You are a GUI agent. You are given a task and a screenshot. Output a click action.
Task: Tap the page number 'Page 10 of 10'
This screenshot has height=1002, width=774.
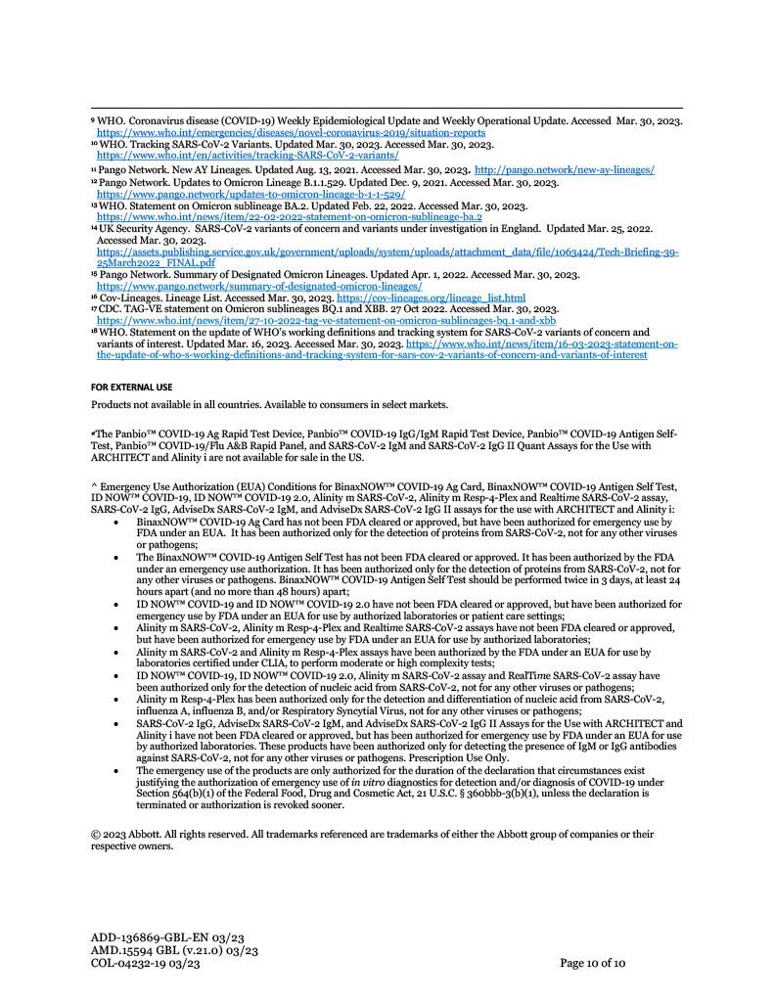pyautogui.click(x=592, y=964)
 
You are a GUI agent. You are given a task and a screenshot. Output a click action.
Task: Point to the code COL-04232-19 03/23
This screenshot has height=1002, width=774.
pyautogui.click(x=146, y=964)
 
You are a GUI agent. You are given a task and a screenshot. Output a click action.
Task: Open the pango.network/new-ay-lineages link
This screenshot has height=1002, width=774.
pyautogui.click(x=565, y=170)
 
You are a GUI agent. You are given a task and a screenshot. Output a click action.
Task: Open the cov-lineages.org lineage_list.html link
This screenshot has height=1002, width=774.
pyautogui.click(x=431, y=297)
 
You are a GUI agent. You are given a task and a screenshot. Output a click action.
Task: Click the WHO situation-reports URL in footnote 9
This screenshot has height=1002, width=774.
pyautogui.click(x=291, y=132)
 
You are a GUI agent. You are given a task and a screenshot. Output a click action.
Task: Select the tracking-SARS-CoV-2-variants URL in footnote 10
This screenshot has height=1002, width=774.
pyautogui.click(x=248, y=155)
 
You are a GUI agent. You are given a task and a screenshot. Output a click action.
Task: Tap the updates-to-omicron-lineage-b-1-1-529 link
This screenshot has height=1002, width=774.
pyautogui.click(x=250, y=194)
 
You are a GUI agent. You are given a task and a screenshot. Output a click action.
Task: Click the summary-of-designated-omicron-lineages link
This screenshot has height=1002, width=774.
pyautogui.click(x=258, y=286)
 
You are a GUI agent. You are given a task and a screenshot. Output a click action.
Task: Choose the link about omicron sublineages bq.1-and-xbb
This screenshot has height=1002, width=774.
pyautogui.click(x=326, y=320)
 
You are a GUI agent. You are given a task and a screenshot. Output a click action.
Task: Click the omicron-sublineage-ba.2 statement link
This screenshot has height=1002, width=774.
pyautogui.click(x=289, y=216)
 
